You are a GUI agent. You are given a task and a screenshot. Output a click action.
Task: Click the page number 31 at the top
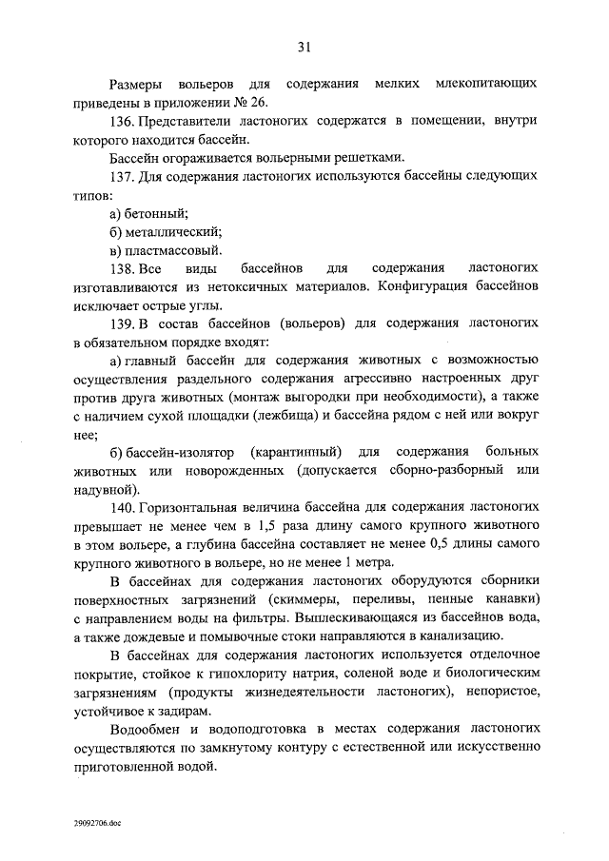(x=304, y=46)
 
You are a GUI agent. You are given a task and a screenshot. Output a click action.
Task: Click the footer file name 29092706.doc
(x=96, y=824)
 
